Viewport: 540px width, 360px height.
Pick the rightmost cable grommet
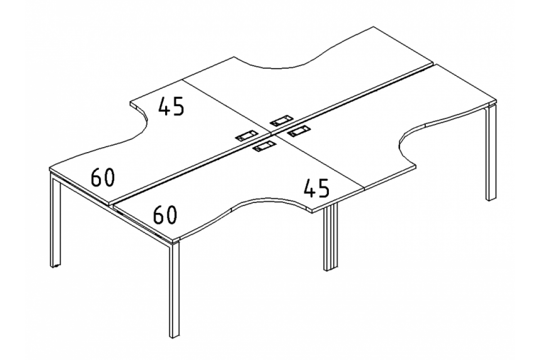coord(297,132)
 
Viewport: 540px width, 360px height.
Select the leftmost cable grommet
coord(246,135)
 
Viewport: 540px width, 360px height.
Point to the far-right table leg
coord(490,153)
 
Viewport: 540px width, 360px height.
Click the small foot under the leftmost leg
coord(56,267)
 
